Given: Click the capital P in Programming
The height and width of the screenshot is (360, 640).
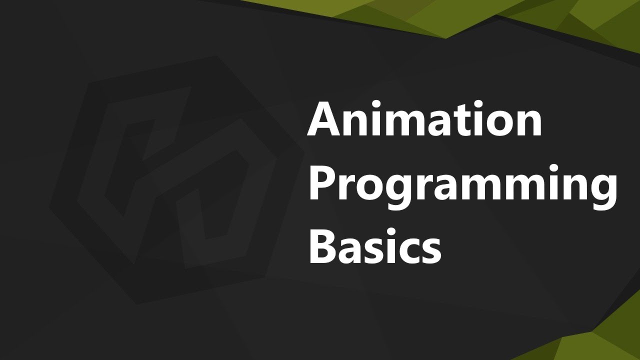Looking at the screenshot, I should [x=322, y=182].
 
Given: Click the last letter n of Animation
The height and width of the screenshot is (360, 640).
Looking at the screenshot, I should [x=527, y=123].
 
